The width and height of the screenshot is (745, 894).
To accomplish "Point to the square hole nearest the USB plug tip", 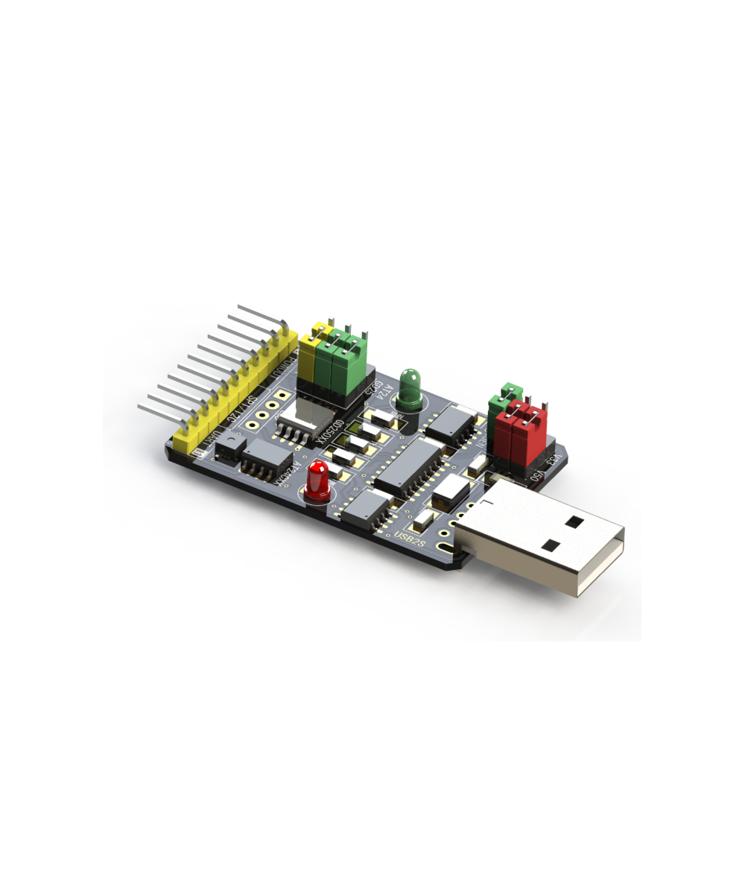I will coord(573,522).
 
